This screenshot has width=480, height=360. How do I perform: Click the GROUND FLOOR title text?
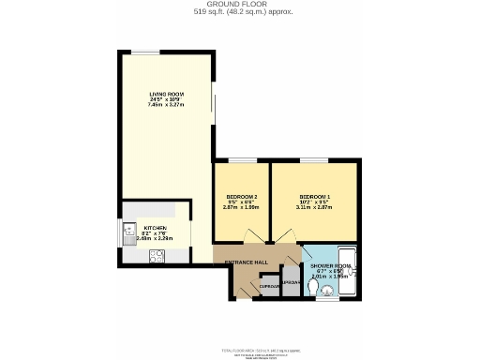pos(240,5)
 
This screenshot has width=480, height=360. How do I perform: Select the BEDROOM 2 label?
pos(241,196)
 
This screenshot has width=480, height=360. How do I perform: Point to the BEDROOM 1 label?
pos(314,196)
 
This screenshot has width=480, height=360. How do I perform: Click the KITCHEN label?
pos(155,228)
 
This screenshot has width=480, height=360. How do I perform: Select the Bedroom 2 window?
pos(243,161)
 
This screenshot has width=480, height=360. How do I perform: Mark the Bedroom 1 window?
pos(314,161)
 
